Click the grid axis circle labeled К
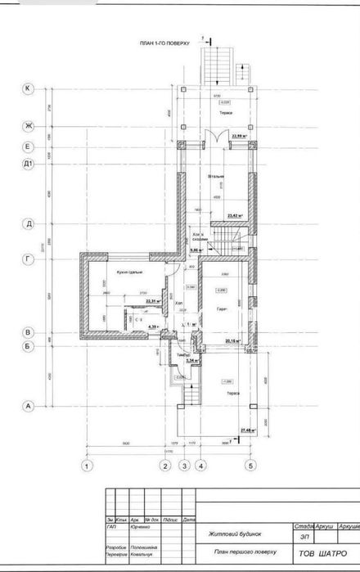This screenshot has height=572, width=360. click(28, 88)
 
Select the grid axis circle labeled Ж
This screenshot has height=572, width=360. click(28, 126)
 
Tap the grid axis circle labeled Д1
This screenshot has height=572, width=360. click(28, 164)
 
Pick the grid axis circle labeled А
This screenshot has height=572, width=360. click(28, 405)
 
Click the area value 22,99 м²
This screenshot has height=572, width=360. click(239, 136)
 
